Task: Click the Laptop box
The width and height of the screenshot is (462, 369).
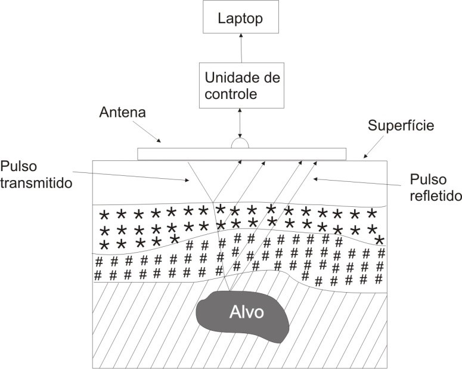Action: coord(240,18)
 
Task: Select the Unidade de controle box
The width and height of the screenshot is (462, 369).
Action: coord(242,86)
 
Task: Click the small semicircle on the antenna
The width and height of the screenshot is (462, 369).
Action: coord(240,144)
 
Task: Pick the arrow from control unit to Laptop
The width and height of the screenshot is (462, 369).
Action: coord(241,48)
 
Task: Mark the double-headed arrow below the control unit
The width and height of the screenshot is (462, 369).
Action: coord(241,123)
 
